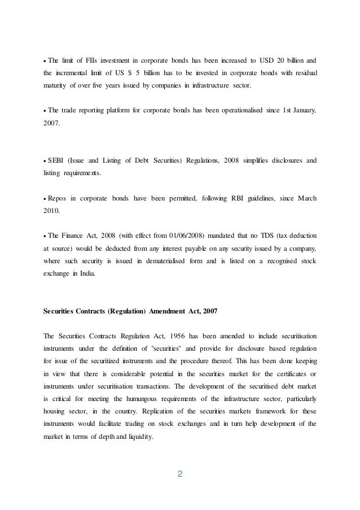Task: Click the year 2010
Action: [52, 211]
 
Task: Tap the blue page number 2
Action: [180, 473]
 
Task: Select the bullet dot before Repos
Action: [45, 198]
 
